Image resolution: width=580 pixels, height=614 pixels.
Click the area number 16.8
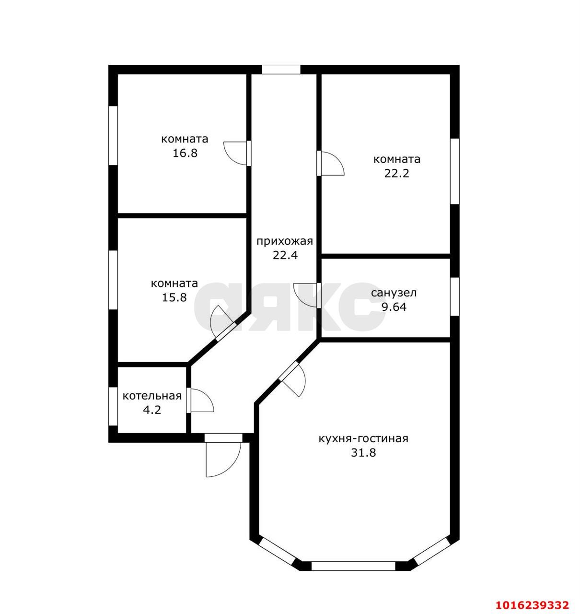(185, 153)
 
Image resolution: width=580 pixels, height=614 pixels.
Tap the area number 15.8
(174, 297)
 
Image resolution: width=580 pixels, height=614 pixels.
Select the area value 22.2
(396, 173)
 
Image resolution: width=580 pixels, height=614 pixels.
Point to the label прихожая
(284, 241)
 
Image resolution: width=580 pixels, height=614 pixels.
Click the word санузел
(394, 293)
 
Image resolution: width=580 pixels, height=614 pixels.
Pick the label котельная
(152, 396)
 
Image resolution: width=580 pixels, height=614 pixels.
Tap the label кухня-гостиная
(363, 438)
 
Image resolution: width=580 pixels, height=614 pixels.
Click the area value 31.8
(363, 452)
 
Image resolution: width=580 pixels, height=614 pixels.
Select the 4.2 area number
(152, 410)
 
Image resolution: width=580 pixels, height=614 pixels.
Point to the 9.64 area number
(394, 307)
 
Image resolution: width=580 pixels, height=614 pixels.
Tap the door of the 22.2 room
(330, 164)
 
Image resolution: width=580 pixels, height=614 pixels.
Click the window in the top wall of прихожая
(281, 70)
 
